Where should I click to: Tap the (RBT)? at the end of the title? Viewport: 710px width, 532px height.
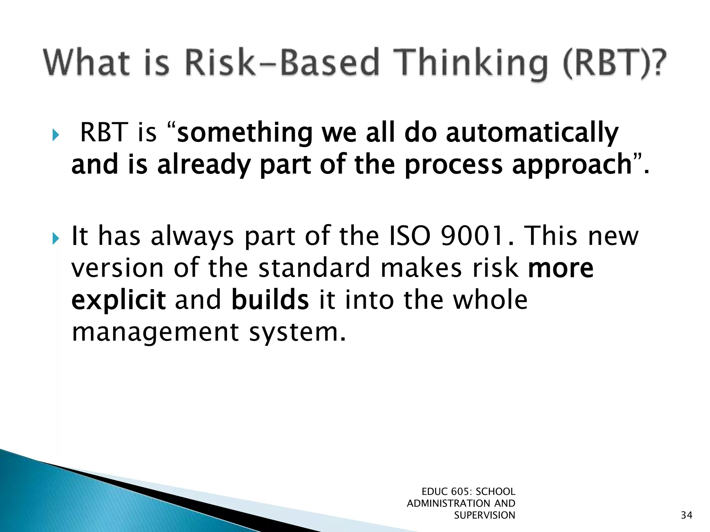tap(614, 63)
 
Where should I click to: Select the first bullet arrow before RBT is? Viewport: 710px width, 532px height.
tap(55, 135)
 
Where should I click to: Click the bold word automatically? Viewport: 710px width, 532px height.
tap(532, 133)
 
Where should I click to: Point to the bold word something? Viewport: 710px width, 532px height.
tap(245, 133)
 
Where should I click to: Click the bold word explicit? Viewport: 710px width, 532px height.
tap(118, 301)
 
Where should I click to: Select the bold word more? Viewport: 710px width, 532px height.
tap(561, 269)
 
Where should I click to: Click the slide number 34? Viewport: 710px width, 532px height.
tap(686, 515)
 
